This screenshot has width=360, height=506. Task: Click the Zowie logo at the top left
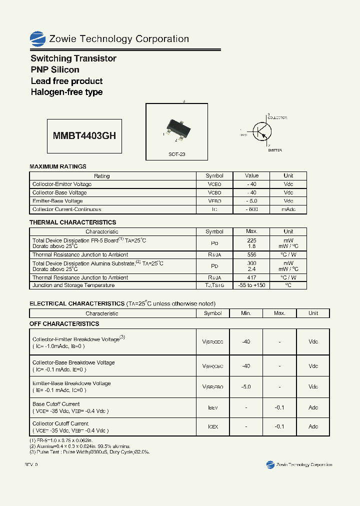point(37,38)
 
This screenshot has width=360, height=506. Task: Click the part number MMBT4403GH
point(84,135)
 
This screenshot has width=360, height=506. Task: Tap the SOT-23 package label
point(176,154)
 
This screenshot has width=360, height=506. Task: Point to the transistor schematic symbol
point(261,131)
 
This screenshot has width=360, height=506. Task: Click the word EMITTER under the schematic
point(274,150)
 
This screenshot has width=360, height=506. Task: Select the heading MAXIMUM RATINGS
point(58,166)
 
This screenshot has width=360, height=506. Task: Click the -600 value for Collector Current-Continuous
point(251,209)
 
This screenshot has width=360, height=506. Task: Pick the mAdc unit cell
point(288,209)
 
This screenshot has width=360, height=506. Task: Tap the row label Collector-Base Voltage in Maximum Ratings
point(59,192)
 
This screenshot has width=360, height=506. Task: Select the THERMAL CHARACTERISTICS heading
point(72,222)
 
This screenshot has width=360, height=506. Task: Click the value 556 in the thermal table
point(251,255)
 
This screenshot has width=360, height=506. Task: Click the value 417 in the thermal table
point(251,277)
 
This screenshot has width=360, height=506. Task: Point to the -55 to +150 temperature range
point(251,285)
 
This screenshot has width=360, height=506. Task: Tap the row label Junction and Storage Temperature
point(73,285)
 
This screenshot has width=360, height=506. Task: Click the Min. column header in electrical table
point(245,313)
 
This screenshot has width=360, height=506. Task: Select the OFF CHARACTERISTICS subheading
point(64,324)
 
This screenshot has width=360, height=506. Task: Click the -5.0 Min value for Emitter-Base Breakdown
point(245,387)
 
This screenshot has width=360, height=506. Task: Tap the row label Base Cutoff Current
point(56,404)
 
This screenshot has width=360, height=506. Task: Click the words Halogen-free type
point(66,92)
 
